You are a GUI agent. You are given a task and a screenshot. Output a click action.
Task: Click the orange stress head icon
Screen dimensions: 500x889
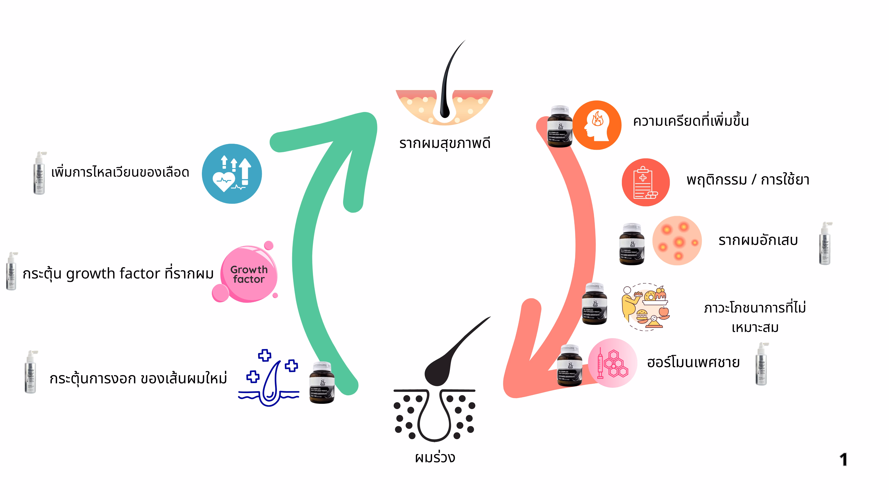(597, 125)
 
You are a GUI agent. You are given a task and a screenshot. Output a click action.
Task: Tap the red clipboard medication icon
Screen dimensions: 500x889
(645, 182)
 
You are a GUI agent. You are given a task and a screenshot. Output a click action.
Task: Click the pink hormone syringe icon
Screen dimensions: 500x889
(612, 363)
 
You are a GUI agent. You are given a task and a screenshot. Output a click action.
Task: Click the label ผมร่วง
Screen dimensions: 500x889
(435, 458)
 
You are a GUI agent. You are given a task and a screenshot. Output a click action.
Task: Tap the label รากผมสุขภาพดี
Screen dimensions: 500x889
(444, 143)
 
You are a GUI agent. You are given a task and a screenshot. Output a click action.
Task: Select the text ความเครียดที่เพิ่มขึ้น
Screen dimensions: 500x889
(691, 121)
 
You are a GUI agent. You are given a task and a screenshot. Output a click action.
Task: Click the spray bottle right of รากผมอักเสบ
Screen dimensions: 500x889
(825, 243)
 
